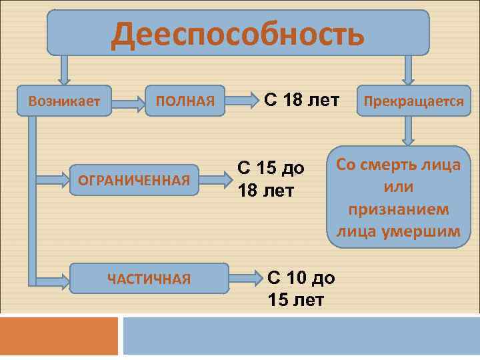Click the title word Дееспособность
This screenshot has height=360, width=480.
(x=238, y=33)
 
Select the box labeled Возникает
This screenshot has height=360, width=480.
(x=64, y=101)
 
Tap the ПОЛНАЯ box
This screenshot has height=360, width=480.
(x=185, y=101)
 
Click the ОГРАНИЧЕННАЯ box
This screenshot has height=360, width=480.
(x=135, y=179)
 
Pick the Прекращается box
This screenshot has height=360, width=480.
(x=411, y=101)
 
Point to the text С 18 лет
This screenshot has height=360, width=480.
(x=301, y=101)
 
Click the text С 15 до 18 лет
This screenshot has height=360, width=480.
(x=271, y=179)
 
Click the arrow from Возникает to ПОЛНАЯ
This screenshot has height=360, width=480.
(x=129, y=102)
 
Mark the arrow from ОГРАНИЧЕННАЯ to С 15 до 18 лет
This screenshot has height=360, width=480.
(x=215, y=179)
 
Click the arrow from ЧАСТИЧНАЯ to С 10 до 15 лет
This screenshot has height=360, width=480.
(x=247, y=275)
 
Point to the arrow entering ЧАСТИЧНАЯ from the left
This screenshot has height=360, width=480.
(x=50, y=280)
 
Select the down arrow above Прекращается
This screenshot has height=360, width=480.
(x=408, y=69)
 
